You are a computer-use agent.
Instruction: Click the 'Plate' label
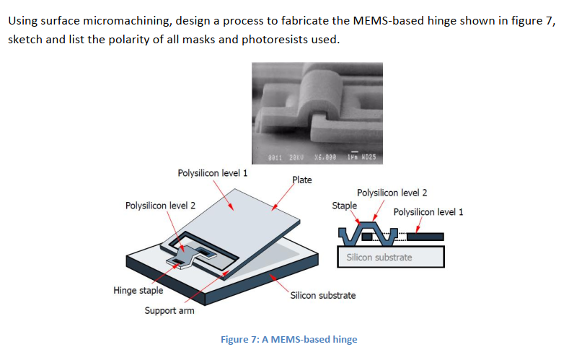tap(301, 180)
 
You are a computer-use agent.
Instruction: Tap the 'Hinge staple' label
tap(138, 291)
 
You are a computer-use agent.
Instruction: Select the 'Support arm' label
tap(169, 311)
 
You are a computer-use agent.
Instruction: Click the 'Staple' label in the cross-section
tap(343, 206)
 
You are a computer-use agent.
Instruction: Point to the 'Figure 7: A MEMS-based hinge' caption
tap(288, 339)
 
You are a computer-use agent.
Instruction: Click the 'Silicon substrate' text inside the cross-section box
tap(379, 257)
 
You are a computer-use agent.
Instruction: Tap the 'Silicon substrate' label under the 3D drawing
tap(322, 295)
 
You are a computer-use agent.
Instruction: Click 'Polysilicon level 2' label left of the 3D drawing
tap(160, 206)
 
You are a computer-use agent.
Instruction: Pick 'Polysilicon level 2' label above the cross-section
tap(392, 193)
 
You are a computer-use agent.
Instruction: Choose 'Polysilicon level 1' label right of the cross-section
tap(428, 211)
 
